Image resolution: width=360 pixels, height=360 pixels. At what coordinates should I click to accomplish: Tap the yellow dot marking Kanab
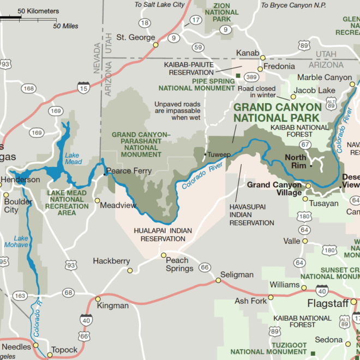click(x=262, y=57)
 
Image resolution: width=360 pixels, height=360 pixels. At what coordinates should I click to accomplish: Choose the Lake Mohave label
click(x=21, y=242)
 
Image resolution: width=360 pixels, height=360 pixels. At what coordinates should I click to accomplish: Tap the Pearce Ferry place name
click(x=129, y=171)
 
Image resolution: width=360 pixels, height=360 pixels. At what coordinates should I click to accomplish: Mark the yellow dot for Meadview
click(x=97, y=201)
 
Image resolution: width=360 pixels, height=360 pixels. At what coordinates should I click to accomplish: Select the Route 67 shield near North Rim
click(x=305, y=145)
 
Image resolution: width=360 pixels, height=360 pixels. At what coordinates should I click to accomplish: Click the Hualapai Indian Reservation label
click(x=163, y=235)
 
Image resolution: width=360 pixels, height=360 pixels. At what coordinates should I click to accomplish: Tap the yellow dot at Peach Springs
click(x=163, y=255)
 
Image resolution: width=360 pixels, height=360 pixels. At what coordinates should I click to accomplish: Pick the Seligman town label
click(x=237, y=274)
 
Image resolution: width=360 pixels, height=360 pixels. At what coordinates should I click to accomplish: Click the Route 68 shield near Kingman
click(x=68, y=293)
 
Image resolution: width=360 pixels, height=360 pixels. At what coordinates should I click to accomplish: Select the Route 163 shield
click(x=20, y=296)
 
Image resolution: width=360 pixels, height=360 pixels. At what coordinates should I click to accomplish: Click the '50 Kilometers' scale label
click(x=38, y=11)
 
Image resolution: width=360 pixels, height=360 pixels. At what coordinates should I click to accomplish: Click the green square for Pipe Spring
click(x=238, y=75)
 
